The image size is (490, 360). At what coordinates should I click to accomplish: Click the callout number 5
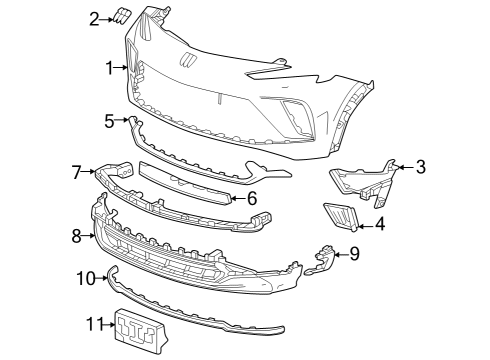[109, 121]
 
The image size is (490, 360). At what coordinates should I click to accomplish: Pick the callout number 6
[252, 198]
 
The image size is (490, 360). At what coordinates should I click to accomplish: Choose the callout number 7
[76, 173]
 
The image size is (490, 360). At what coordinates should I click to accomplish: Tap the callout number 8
[76, 236]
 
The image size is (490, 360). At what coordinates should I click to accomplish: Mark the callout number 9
[353, 255]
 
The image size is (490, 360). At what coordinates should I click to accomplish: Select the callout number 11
[95, 323]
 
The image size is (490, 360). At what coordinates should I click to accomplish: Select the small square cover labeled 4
[340, 217]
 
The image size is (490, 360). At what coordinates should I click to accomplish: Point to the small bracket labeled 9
[324, 257]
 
